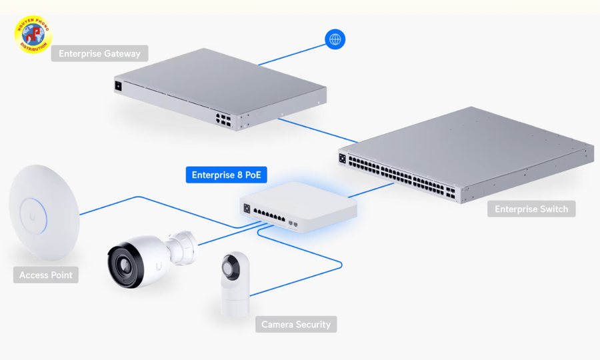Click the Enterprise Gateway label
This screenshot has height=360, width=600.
[99, 53]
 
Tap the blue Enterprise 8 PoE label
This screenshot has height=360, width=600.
[226, 175]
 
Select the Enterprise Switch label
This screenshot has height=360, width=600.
[531, 209]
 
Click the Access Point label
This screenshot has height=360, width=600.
[45, 275]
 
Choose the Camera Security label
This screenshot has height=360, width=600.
[295, 324]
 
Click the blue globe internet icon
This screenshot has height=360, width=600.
[335, 39]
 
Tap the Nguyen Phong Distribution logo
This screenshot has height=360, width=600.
[33, 35]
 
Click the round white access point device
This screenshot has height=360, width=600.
[44, 211]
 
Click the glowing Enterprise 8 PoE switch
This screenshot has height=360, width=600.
[298, 207]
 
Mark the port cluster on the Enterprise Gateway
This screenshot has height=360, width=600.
[224, 119]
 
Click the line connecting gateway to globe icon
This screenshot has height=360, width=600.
[293, 54]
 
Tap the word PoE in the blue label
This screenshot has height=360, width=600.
[253, 175]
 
